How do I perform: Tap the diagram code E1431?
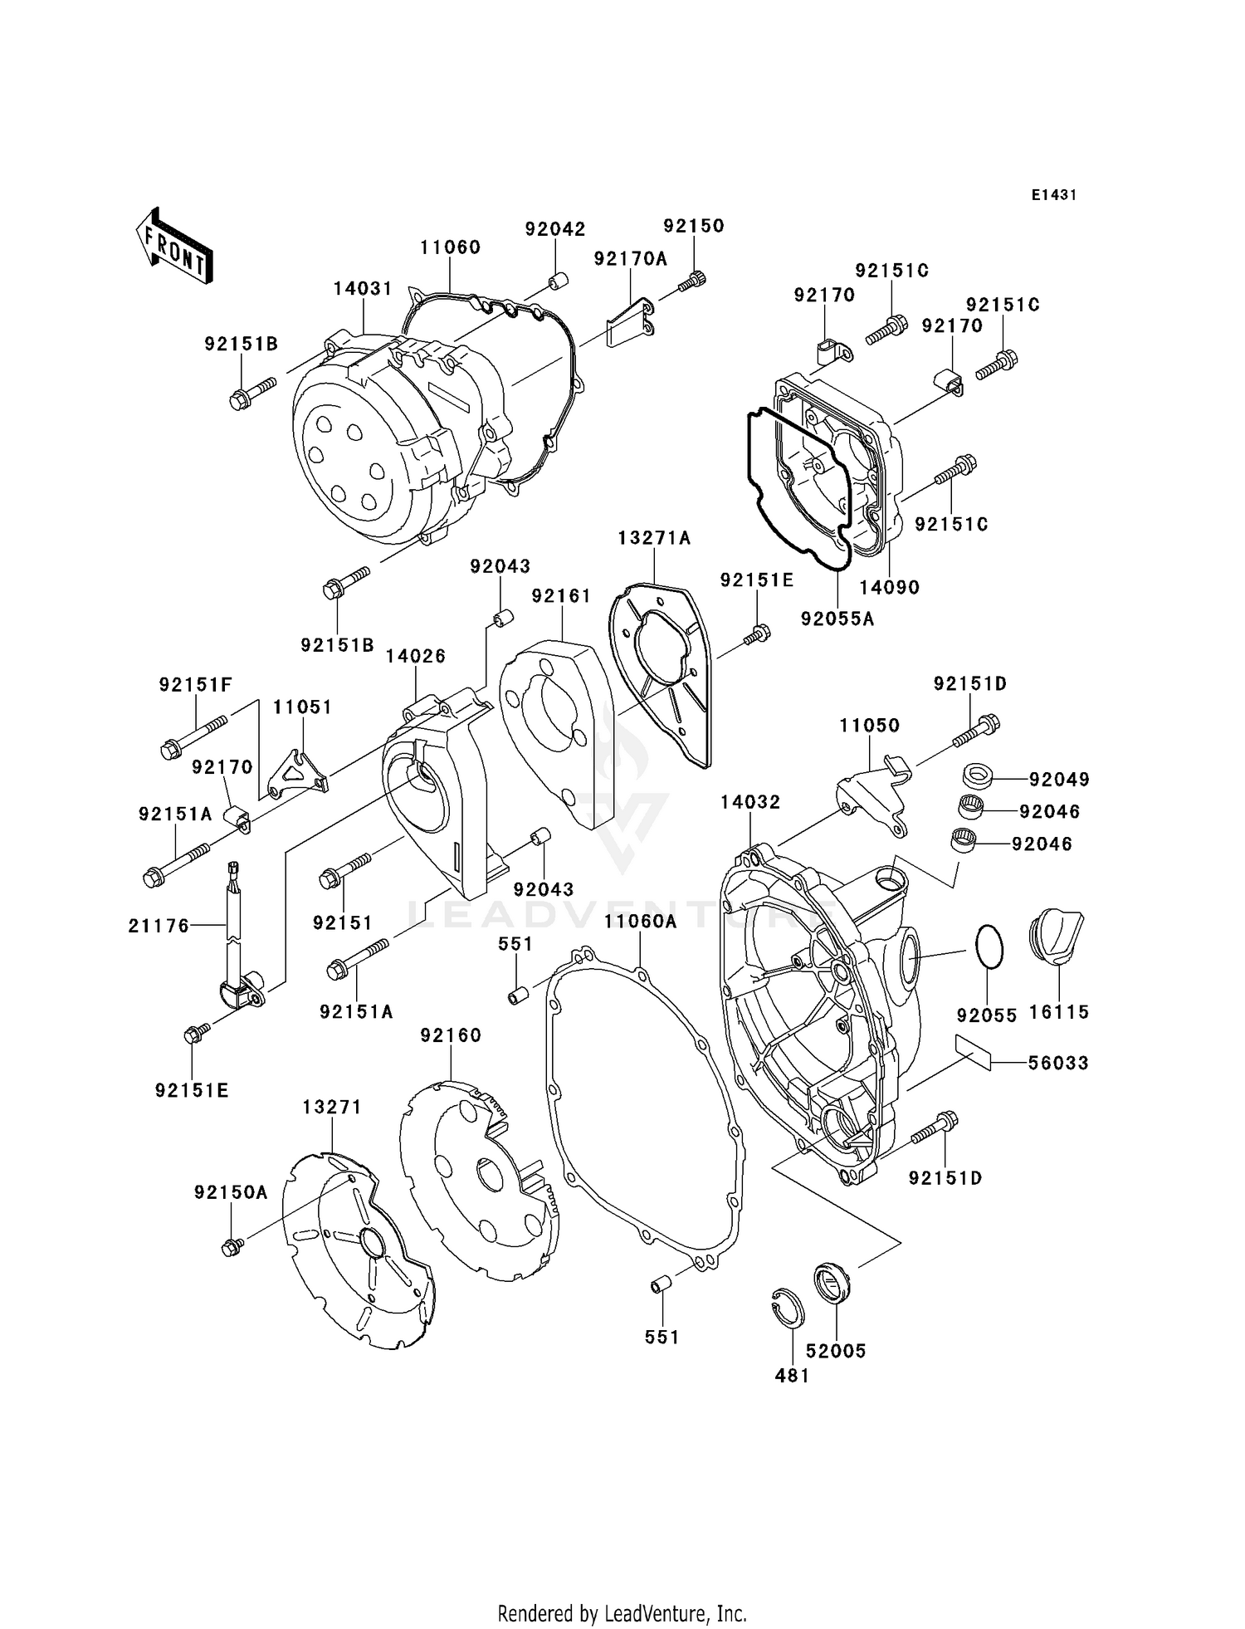[x=1053, y=195]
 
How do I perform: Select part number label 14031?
[x=363, y=288]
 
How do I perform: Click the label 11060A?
[x=640, y=921]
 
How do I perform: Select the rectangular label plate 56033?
[x=973, y=1054]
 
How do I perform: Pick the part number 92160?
[x=451, y=1035]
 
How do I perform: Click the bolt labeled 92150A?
[x=232, y=1246]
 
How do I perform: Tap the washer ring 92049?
[x=979, y=777]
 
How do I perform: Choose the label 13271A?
[x=654, y=538]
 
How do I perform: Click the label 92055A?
[x=837, y=619]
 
